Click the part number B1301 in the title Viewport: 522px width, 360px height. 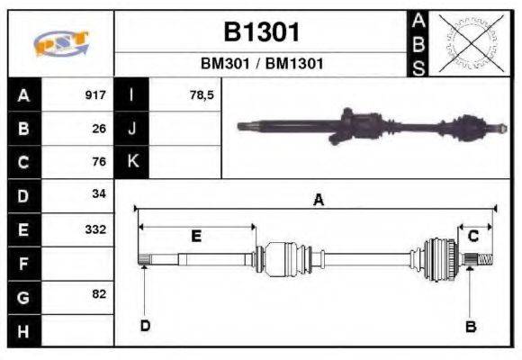click(x=261, y=33)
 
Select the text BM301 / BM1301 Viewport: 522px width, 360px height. click(x=261, y=65)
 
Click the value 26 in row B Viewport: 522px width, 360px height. click(x=99, y=129)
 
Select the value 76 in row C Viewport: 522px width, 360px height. click(x=99, y=162)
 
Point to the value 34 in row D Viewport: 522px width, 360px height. click(x=99, y=194)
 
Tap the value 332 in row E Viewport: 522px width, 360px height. click(x=95, y=229)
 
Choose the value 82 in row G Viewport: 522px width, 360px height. click(x=99, y=294)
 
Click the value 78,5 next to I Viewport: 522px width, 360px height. click(x=202, y=95)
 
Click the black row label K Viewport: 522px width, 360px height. click(x=132, y=162)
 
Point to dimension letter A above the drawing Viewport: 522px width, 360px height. click(x=318, y=201)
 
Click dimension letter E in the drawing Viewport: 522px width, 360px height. click(x=196, y=236)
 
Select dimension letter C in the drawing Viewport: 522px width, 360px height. click(x=472, y=236)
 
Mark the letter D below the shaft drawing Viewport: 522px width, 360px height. click(x=145, y=325)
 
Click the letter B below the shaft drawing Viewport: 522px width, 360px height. click(x=470, y=327)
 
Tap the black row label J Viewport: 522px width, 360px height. click(x=132, y=129)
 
